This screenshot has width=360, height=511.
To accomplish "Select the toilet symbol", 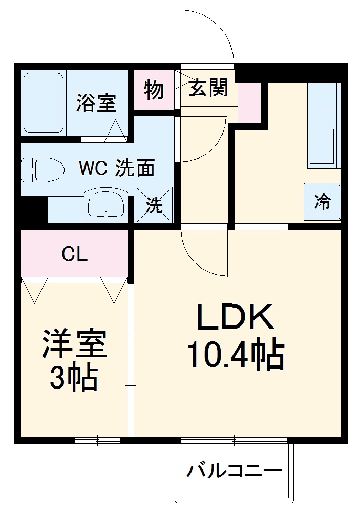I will click(x=41, y=169).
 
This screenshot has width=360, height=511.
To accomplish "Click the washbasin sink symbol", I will click(x=106, y=203).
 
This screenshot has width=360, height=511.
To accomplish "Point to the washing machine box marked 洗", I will click(x=154, y=205).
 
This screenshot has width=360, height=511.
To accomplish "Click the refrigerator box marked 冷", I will click(x=323, y=201).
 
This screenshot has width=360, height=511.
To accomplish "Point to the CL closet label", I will click(x=74, y=254).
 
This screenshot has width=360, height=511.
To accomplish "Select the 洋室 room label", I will click(x=75, y=345).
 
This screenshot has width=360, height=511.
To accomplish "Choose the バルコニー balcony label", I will click(x=234, y=471).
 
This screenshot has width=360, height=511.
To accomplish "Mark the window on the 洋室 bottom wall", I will click(x=97, y=440).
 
